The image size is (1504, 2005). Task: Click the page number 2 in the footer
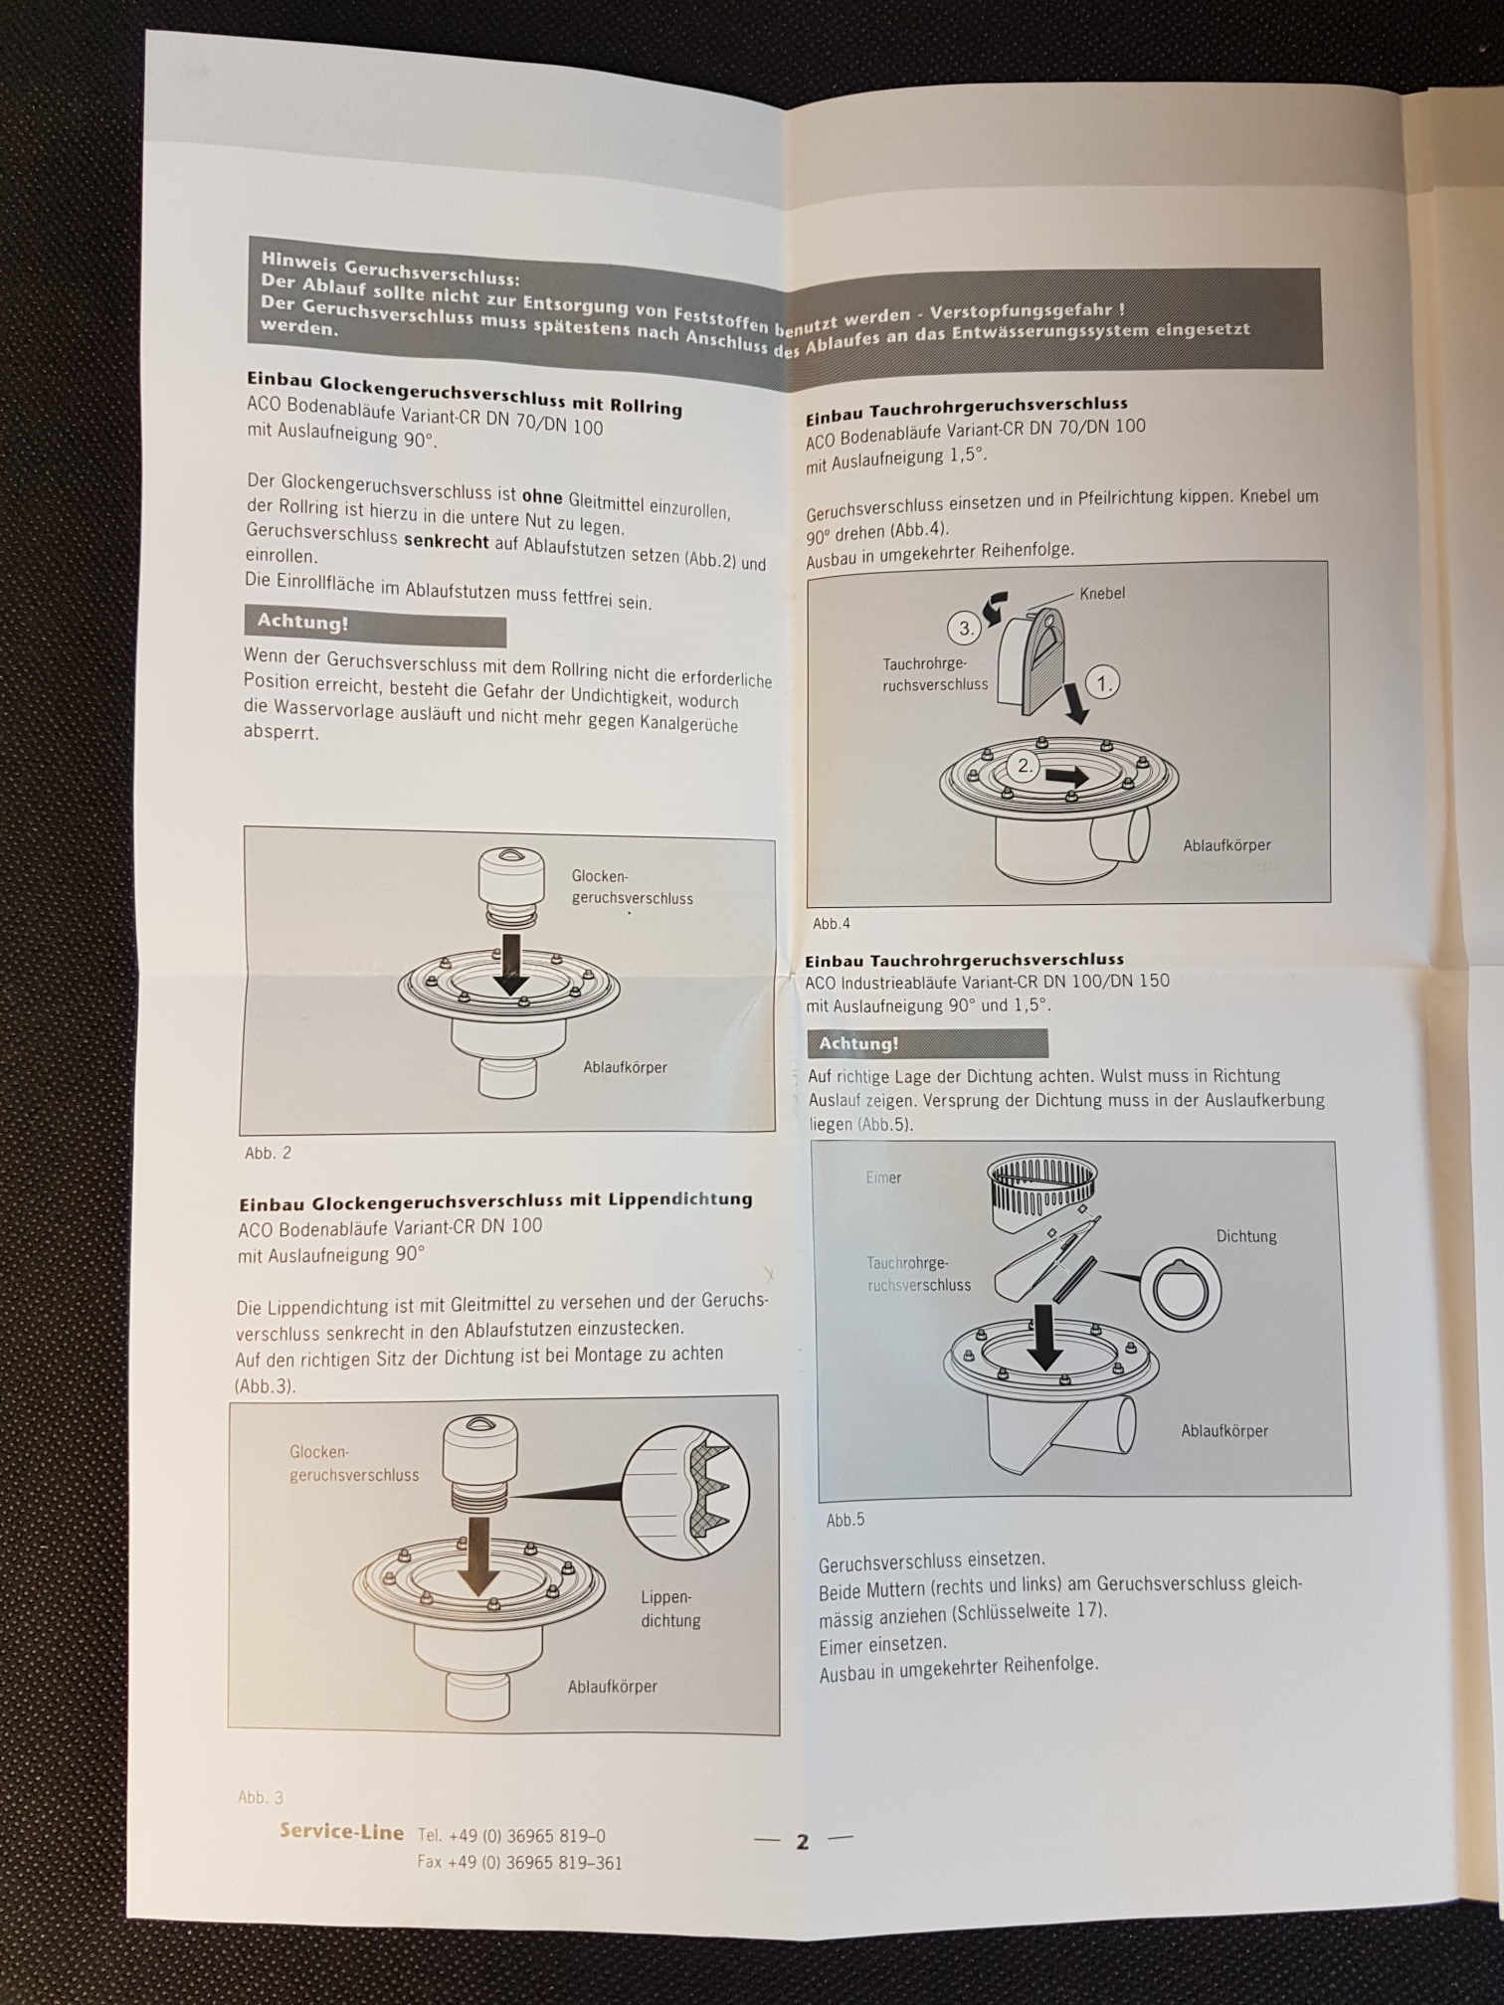(x=802, y=1841)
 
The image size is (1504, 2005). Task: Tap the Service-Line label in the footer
(x=341, y=1832)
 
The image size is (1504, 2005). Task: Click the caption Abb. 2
(x=268, y=1154)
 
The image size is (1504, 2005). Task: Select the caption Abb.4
(x=832, y=923)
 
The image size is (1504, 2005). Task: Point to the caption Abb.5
(x=846, y=1521)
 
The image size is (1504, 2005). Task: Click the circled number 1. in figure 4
(x=1103, y=683)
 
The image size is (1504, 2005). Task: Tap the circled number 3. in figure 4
(x=964, y=629)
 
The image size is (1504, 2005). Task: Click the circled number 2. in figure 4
(x=1024, y=766)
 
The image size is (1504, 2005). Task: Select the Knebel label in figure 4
(x=1102, y=593)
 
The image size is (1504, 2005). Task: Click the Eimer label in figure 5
(x=883, y=1178)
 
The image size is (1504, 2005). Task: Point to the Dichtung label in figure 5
(x=1246, y=1236)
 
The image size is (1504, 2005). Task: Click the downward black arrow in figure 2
(x=511, y=960)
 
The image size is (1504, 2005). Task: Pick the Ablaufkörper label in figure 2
(x=625, y=1067)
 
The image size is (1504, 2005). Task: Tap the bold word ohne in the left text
(x=542, y=497)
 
